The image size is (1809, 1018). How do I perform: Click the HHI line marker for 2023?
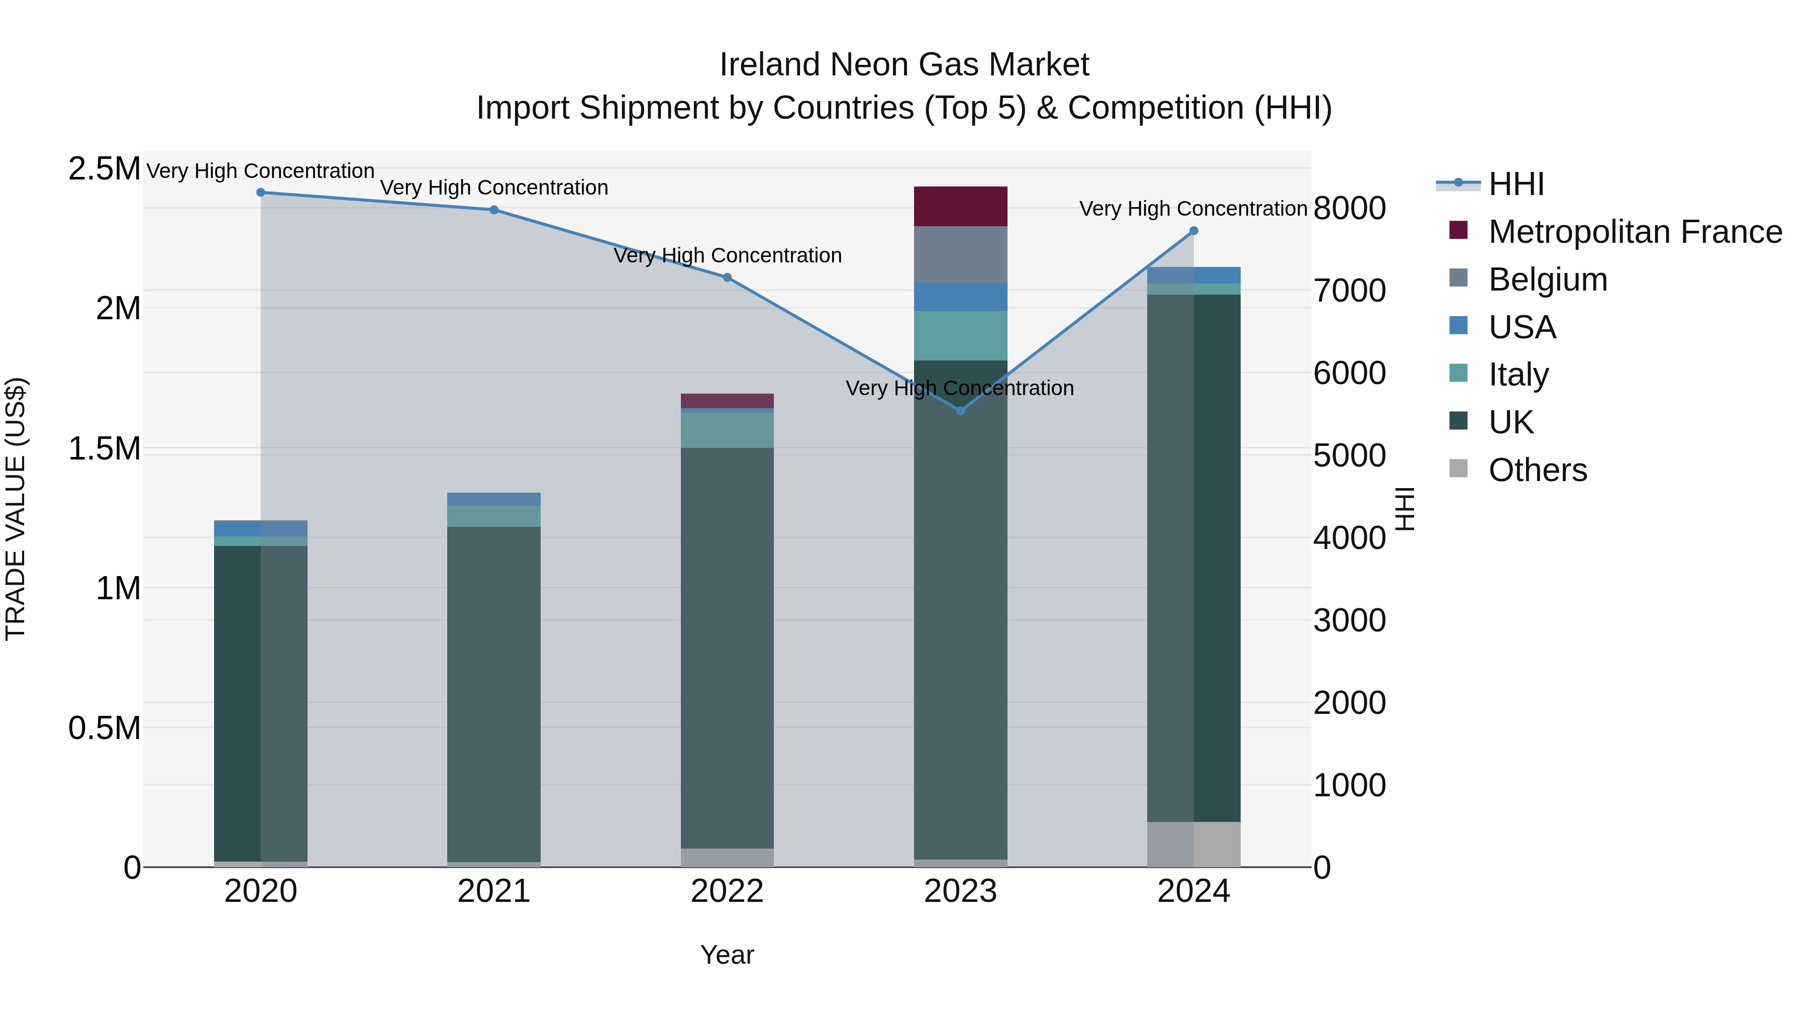coord(961,410)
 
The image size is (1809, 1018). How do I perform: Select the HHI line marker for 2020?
coord(260,192)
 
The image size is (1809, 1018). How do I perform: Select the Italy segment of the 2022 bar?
coord(727,430)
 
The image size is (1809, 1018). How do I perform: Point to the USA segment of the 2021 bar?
coord(493,499)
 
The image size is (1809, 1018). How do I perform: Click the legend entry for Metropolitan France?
coord(1634,232)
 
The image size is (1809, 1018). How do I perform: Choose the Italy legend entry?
coord(1518,375)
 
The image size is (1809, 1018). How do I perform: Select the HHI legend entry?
coord(1516,184)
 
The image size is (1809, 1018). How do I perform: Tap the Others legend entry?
coord(1537,470)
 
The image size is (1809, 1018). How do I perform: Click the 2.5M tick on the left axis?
coord(104,169)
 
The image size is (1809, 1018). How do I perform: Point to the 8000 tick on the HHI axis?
coord(1349,208)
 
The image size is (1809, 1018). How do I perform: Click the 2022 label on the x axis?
coord(727,891)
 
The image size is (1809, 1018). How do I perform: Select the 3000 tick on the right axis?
coord(1349,620)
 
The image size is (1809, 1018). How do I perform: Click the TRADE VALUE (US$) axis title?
coord(16,509)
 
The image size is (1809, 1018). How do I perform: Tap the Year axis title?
coord(727,955)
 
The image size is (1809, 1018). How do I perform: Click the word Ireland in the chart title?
coord(770,65)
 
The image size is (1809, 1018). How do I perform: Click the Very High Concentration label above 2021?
coord(493,188)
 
